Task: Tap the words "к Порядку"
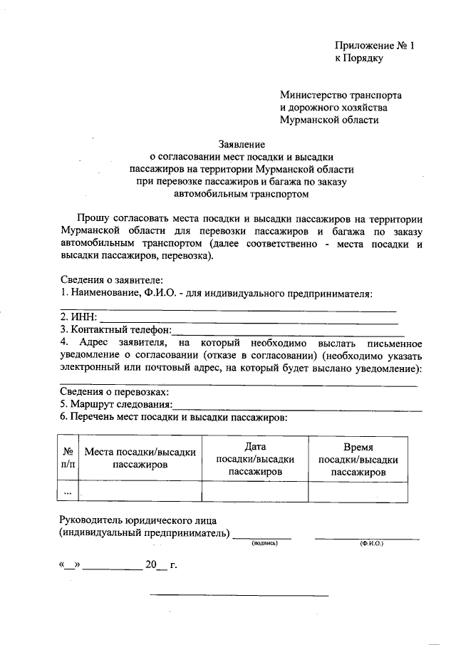click(360, 58)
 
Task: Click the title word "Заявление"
click(242, 143)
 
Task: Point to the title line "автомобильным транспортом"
click(242, 192)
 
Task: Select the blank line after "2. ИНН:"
click(246, 316)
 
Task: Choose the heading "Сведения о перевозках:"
click(115, 393)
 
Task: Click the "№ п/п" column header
click(68, 458)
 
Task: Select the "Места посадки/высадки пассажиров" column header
click(140, 458)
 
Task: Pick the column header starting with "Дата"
click(254, 458)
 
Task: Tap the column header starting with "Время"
click(358, 458)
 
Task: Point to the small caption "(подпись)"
click(263, 544)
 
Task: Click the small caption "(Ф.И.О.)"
click(371, 544)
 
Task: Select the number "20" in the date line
click(150, 564)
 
